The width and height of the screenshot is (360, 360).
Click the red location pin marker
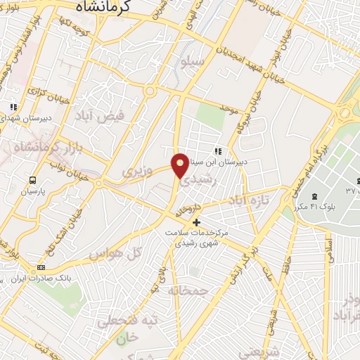[x=181, y=165]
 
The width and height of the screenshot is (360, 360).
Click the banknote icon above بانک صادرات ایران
[x=41, y=268]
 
